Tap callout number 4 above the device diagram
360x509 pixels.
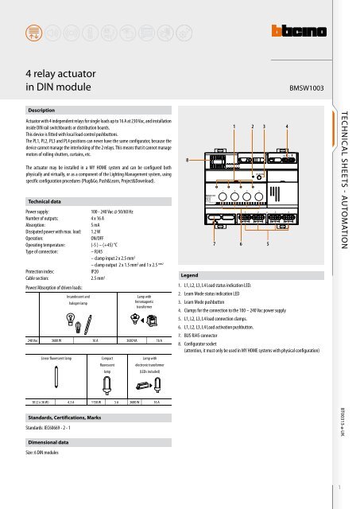click(286, 127)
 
